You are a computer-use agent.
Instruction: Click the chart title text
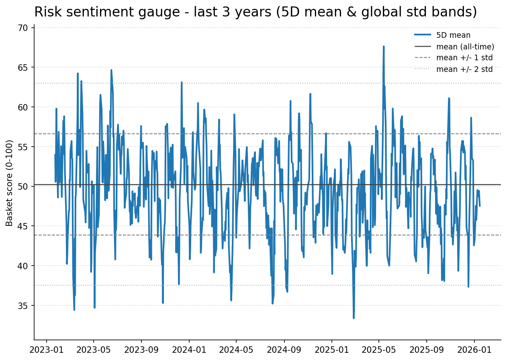256,12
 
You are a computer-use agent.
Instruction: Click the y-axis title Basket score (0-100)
10,183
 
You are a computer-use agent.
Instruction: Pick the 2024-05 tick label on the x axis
236,349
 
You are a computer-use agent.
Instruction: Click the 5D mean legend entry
453,35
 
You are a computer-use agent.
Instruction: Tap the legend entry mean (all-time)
465,47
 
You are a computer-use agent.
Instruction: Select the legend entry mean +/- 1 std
464,58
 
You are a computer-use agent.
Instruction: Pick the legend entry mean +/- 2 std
464,69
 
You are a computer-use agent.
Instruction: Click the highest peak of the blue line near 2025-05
384,47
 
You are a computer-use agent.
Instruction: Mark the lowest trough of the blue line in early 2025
354,317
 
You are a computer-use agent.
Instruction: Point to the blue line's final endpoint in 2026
480,206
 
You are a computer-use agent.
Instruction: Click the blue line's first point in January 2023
55,155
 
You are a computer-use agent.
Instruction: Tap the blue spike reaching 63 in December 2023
182,82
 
